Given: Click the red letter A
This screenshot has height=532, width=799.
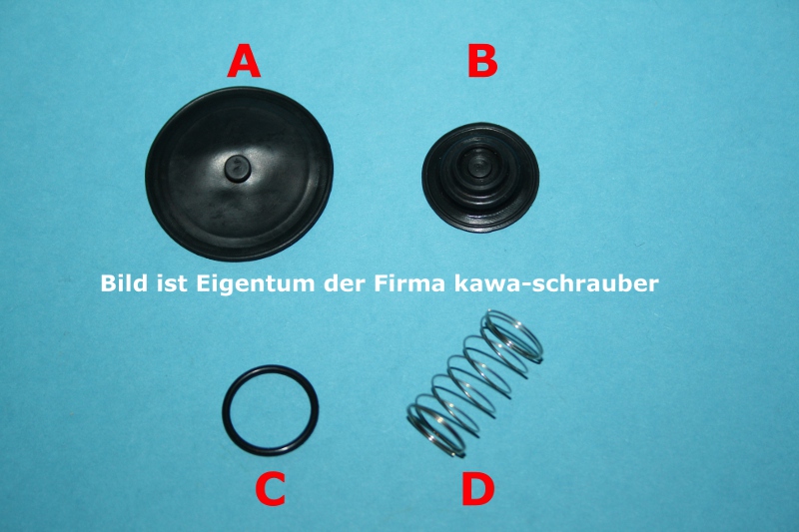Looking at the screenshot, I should pyautogui.click(x=244, y=63).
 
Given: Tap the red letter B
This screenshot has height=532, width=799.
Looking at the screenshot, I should pyautogui.click(x=482, y=63).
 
